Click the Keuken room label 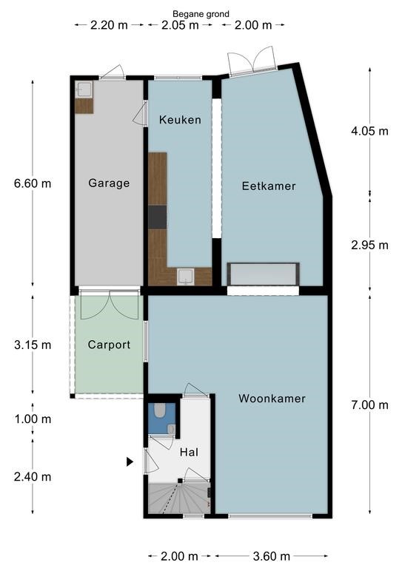[180, 120]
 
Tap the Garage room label [109, 183]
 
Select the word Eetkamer [269, 186]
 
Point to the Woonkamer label [272, 399]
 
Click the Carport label [109, 345]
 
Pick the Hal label [189, 452]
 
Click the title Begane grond [201, 14]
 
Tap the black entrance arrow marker [130, 461]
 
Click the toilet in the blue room [159, 410]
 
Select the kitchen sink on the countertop [186, 277]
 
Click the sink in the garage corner [84, 89]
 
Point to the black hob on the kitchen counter [157, 217]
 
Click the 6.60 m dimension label [33, 183]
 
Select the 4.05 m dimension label [369, 131]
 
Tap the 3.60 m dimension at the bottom [272, 555]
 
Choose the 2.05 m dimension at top [180, 25]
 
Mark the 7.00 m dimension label [369, 405]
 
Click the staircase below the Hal [179, 498]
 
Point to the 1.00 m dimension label [33, 419]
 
